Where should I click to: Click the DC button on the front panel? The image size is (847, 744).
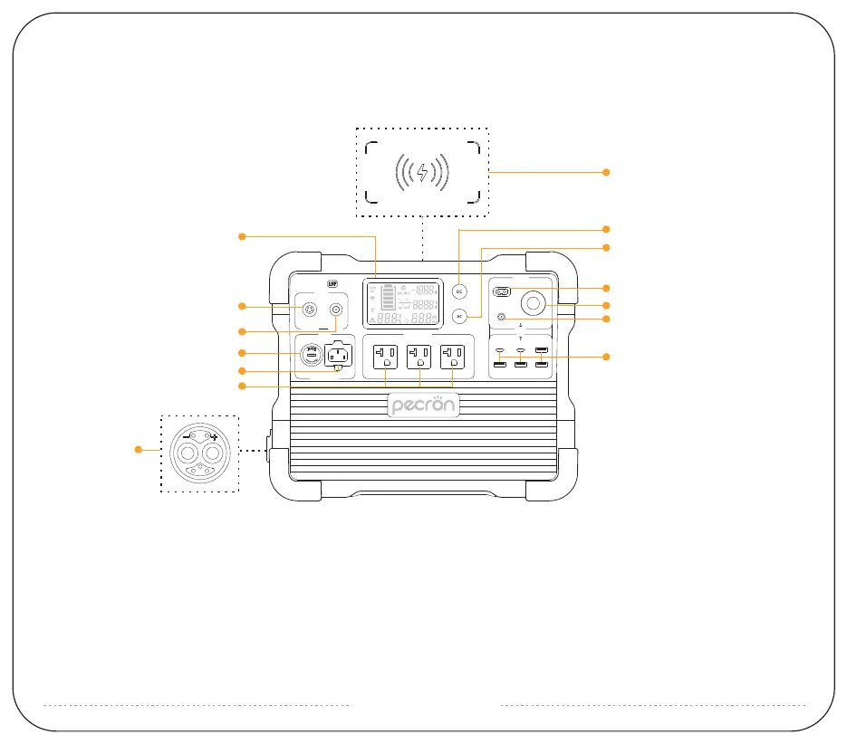459,292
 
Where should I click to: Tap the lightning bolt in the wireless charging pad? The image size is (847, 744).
421,171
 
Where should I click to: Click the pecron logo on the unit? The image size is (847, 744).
423,406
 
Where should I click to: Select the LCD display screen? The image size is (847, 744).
403,303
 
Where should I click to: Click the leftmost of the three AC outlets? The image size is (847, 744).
386,356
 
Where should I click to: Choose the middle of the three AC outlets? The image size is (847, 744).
419,356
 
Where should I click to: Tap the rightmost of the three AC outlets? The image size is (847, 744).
452,356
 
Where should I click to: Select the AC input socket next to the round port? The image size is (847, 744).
339,356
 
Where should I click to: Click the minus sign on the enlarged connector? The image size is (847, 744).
186,434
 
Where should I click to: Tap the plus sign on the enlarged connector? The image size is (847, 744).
214,436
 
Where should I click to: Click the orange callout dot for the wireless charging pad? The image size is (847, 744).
607,171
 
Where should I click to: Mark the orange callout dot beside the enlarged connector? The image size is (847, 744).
140,448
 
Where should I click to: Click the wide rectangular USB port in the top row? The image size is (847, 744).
542,349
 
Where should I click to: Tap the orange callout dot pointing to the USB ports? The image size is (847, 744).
607,358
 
